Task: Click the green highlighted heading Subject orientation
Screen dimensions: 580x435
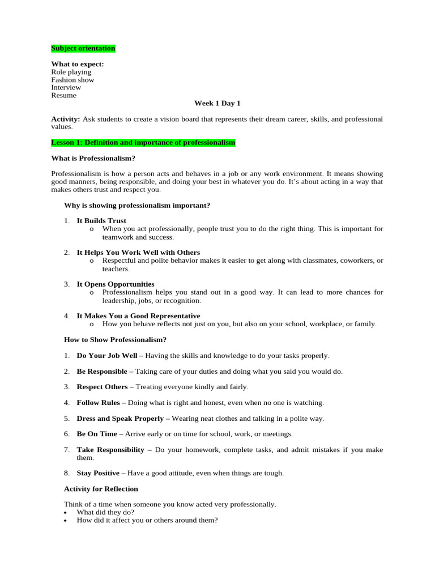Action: pyautogui.click(x=83, y=49)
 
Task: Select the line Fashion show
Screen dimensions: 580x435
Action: pyautogui.click(x=72, y=80)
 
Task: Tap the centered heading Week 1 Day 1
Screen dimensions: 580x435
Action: pyautogui.click(x=217, y=103)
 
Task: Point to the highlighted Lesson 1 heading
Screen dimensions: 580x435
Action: pyautogui.click(x=143, y=143)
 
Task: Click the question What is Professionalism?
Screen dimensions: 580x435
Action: pyautogui.click(x=93, y=158)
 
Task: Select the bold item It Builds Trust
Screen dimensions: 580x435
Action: pyautogui.click(x=101, y=220)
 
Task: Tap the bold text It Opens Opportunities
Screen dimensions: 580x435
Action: pyautogui.click(x=116, y=284)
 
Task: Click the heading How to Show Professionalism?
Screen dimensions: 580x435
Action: pyautogui.click(x=115, y=340)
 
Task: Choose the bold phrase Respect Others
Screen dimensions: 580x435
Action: pyautogui.click(x=103, y=387)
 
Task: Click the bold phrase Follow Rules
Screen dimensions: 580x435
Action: pyautogui.click(x=99, y=403)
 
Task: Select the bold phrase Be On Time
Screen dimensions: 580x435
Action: pyautogui.click(x=97, y=434)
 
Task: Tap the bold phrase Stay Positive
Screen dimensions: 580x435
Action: pyautogui.click(x=98, y=473)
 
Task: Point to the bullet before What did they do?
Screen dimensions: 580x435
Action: pyautogui.click(x=66, y=513)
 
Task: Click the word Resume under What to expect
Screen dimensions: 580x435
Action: pyautogui.click(x=63, y=95)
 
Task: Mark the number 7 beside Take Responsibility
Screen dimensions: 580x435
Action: pyautogui.click(x=66, y=450)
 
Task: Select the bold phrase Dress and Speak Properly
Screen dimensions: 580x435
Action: pyautogui.click(x=120, y=419)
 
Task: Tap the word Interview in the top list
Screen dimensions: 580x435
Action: pyautogui.click(x=66, y=87)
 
